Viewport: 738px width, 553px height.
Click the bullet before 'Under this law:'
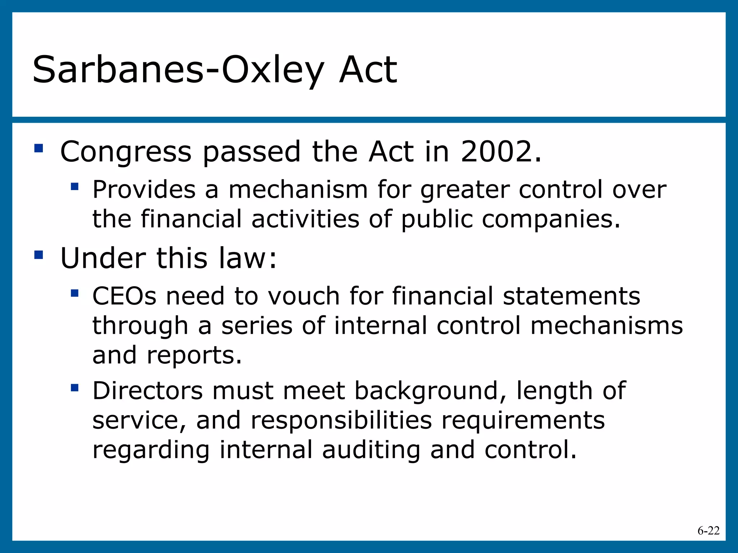click(x=39, y=255)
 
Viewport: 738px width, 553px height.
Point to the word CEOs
click(x=124, y=296)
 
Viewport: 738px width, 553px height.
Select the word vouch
click(x=303, y=296)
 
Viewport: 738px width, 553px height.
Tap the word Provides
click(x=144, y=189)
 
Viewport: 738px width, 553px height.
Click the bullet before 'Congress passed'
click(x=39, y=148)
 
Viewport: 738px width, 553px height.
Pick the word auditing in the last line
click(x=371, y=450)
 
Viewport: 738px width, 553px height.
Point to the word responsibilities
click(x=341, y=421)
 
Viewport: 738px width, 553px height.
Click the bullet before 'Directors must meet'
click(x=75, y=388)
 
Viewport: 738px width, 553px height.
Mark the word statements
click(x=571, y=296)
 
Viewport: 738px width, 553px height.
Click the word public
click(x=437, y=220)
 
